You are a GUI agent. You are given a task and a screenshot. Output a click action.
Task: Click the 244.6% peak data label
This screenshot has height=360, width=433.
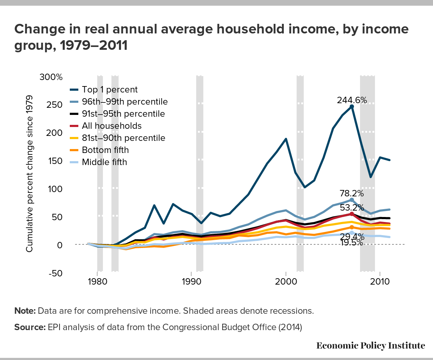(x=352, y=100)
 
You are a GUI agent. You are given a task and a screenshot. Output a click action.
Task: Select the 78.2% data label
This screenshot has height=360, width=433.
(x=351, y=194)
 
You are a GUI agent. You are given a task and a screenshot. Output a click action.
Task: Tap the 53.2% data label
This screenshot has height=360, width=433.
(x=352, y=207)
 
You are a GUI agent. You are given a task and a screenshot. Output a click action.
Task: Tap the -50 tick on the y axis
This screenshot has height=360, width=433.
(x=55, y=273)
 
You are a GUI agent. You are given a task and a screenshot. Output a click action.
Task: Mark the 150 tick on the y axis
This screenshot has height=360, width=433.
(x=56, y=161)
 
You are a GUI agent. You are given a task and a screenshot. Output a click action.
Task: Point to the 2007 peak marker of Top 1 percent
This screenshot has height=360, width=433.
(x=352, y=106)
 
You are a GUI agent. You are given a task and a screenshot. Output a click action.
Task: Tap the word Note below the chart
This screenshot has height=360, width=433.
(x=25, y=311)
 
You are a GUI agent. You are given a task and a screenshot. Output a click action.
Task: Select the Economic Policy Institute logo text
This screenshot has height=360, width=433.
(x=370, y=346)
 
